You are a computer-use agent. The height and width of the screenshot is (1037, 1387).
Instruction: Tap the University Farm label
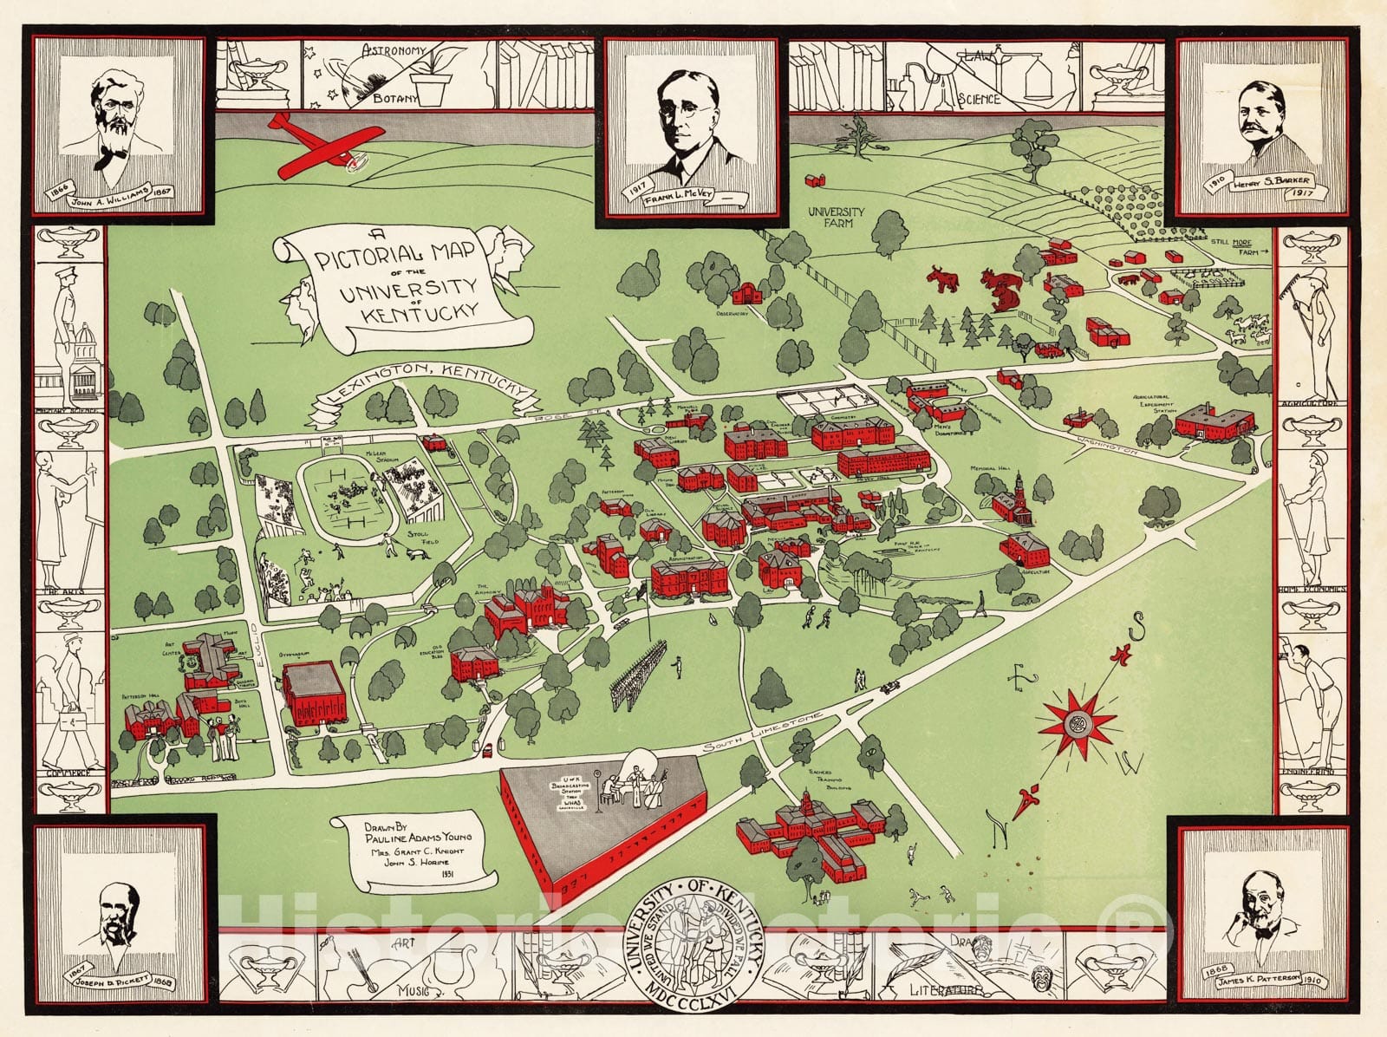tap(837, 217)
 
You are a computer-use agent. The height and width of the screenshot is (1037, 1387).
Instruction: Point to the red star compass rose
tap(1079, 722)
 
